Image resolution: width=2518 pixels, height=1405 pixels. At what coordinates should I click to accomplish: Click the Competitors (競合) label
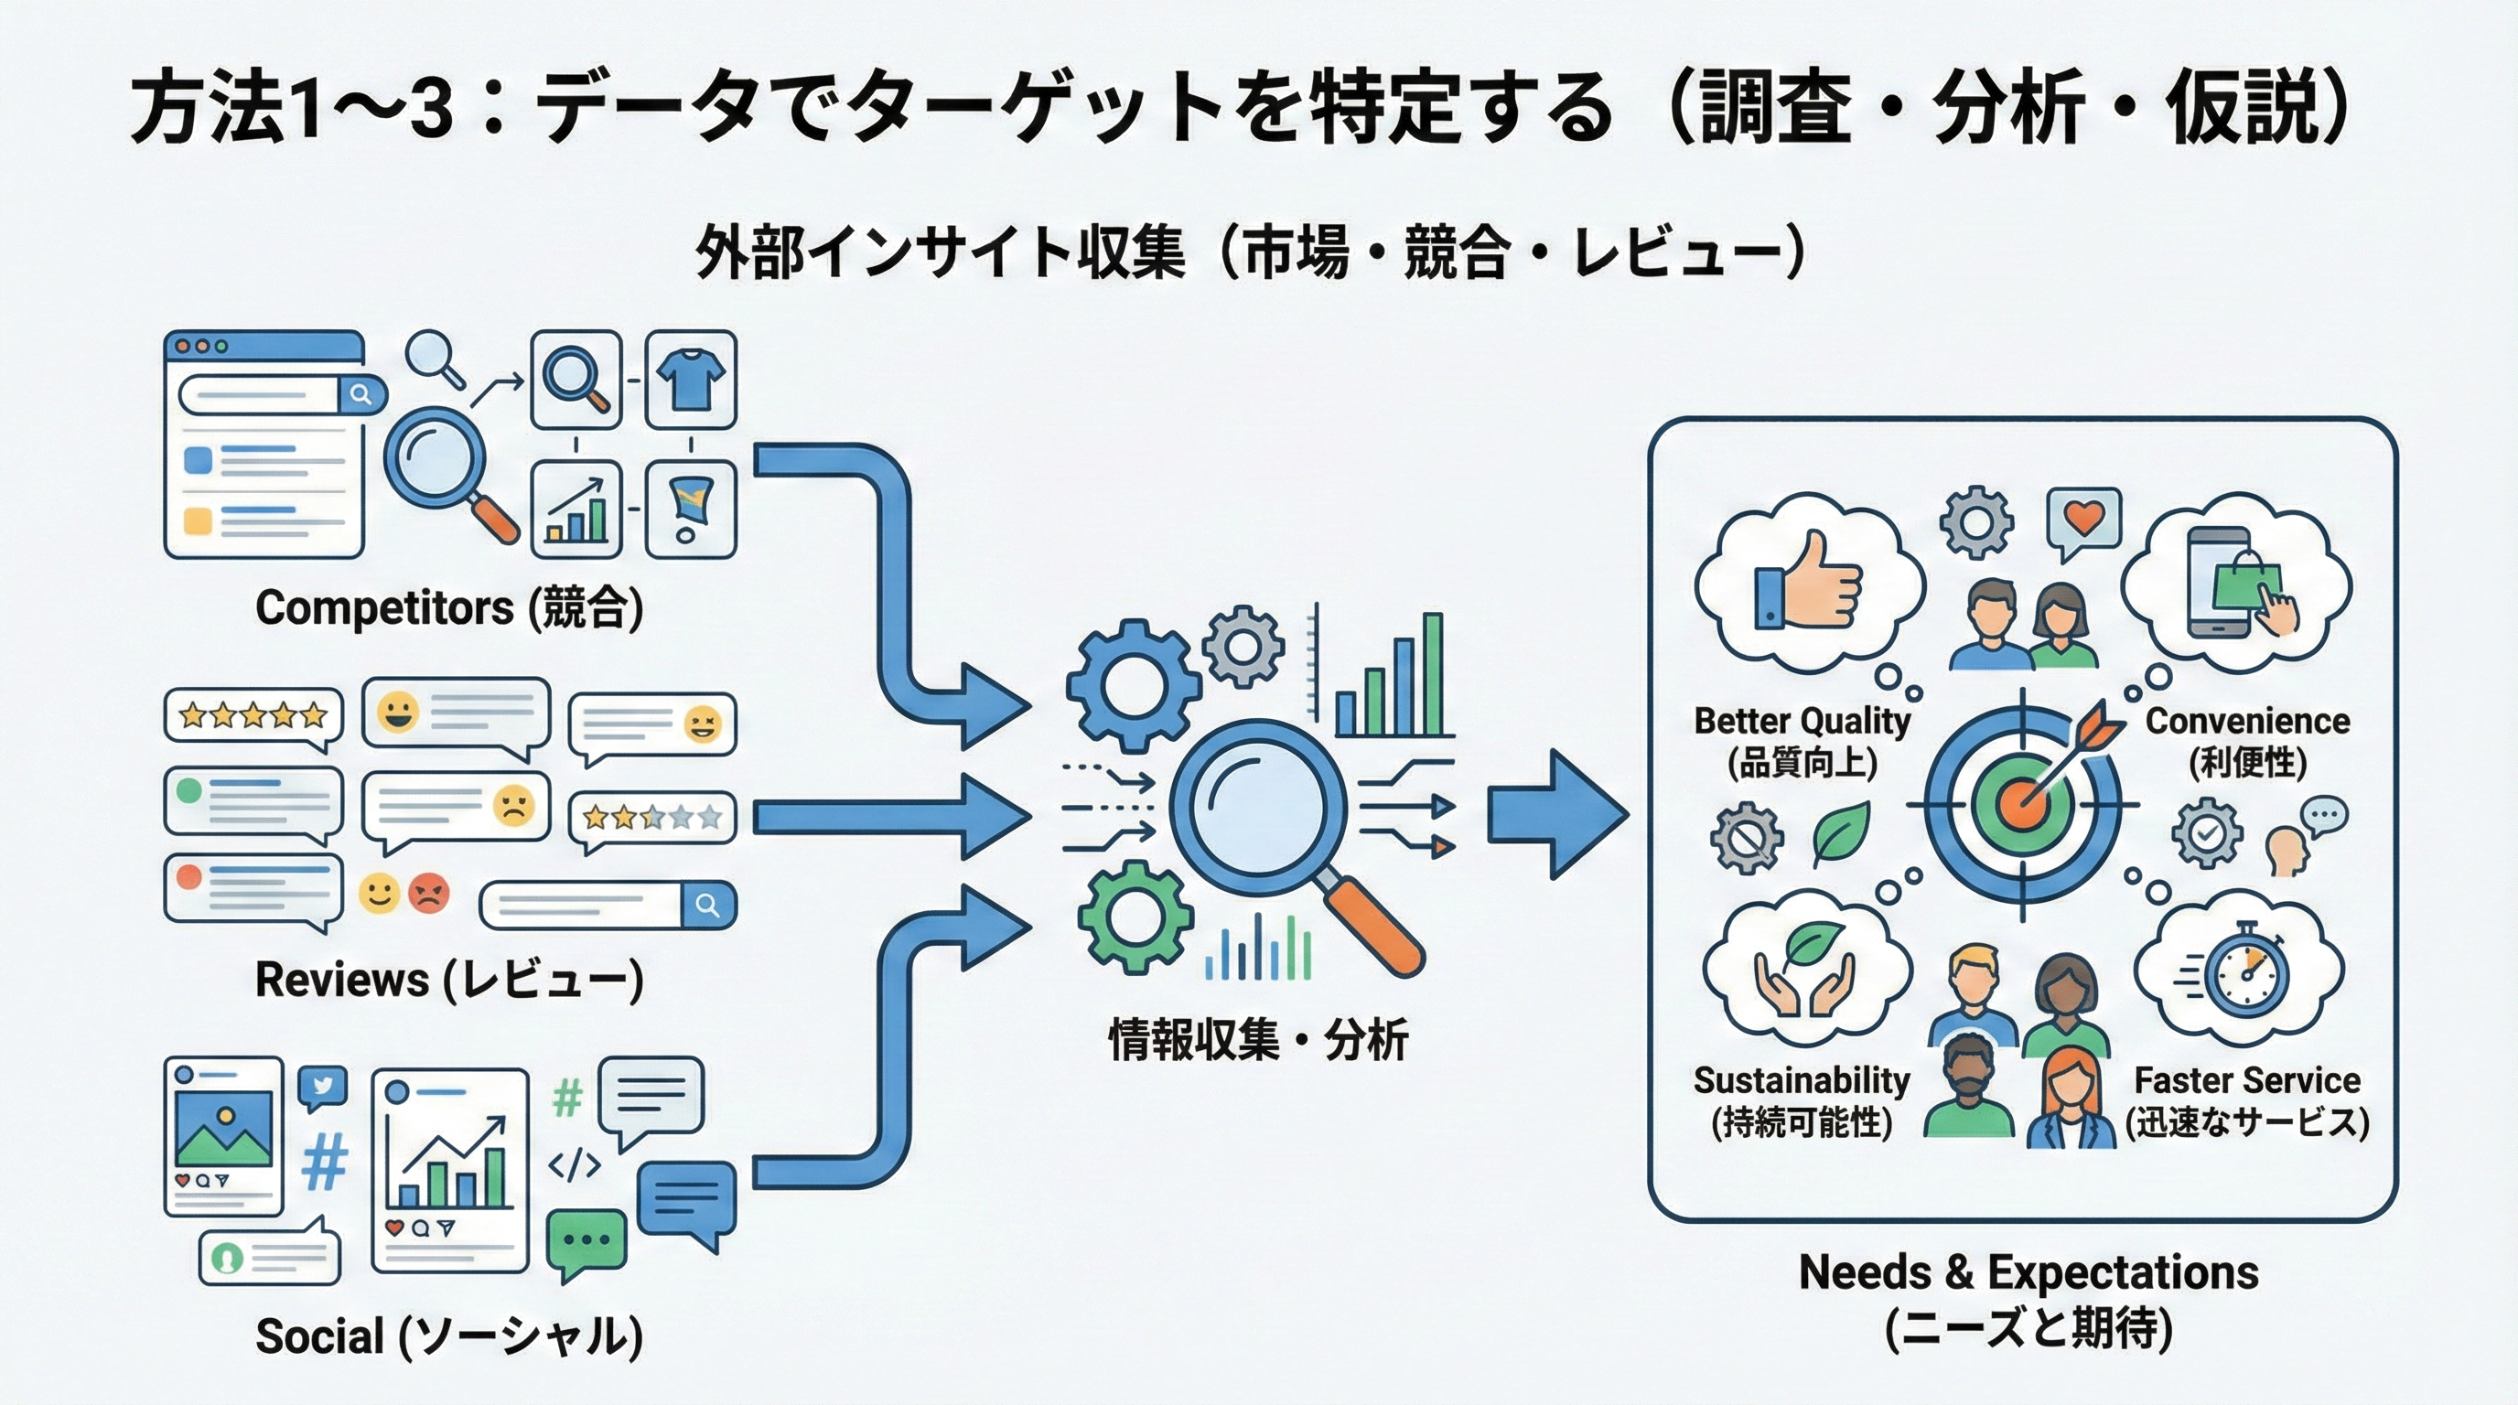[x=448, y=607]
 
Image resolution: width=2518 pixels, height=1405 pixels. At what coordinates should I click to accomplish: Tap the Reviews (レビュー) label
[x=448, y=979]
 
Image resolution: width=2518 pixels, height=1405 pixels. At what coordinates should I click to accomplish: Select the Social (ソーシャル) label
[x=448, y=1335]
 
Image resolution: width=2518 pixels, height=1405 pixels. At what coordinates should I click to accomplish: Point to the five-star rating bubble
[x=253, y=716]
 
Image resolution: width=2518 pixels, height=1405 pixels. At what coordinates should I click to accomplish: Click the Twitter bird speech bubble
[x=323, y=1087]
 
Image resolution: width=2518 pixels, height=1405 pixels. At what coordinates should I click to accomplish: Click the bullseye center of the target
[x=2020, y=805]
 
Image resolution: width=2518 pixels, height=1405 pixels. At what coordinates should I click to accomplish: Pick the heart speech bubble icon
[x=2083, y=519]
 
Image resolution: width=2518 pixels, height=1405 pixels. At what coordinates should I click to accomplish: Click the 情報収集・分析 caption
[x=1258, y=1040]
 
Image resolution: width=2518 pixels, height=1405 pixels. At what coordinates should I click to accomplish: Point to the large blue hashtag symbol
[x=325, y=1163]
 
